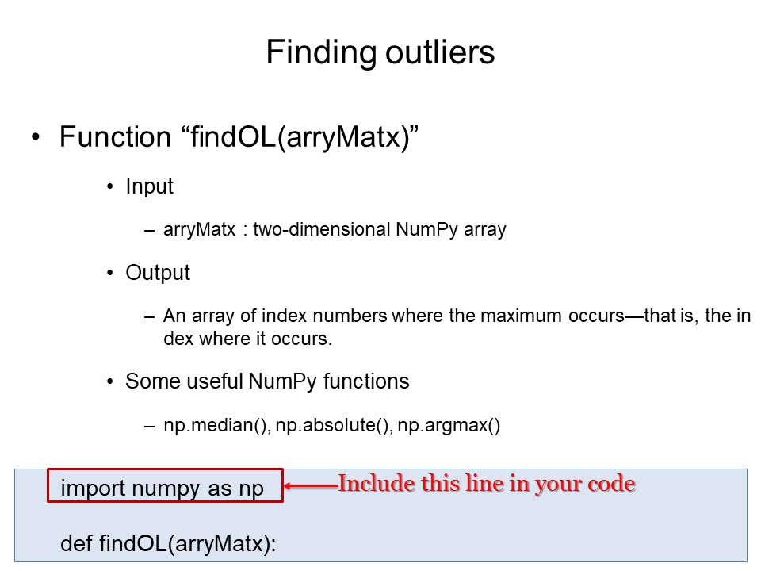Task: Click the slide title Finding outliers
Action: click(380, 52)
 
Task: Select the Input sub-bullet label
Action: click(149, 186)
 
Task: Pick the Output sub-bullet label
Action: click(158, 273)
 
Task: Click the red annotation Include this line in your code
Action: click(487, 484)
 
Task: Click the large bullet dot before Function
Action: click(35, 138)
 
